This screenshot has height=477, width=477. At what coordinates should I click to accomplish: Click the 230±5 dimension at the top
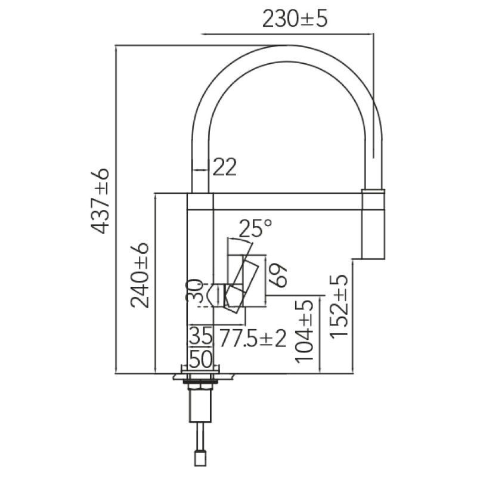click(295, 18)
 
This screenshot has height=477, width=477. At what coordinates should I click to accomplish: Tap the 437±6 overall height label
click(100, 200)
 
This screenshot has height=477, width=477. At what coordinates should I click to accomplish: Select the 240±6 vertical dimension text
click(140, 275)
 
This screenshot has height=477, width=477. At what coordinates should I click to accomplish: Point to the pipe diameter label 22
click(225, 167)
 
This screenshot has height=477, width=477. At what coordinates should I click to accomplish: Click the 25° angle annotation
click(255, 228)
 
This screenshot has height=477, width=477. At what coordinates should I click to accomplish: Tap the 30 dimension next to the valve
click(195, 292)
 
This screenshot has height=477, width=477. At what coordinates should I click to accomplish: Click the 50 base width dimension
click(201, 360)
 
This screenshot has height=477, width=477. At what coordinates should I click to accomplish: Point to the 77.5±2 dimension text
click(253, 338)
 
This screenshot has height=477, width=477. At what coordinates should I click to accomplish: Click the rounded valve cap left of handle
click(216, 295)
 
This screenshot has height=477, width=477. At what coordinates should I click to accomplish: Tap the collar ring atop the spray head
click(373, 191)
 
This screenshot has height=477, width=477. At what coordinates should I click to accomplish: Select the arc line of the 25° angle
click(240, 240)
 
